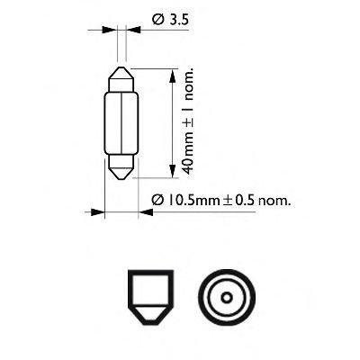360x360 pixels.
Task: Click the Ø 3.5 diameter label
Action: [x=170, y=20]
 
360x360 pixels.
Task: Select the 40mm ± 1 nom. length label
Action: [x=188, y=122]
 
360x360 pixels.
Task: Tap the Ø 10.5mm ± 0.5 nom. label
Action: [x=221, y=200]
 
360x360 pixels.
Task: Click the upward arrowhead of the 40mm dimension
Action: [x=172, y=76]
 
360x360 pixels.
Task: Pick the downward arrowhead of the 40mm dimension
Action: [x=172, y=171]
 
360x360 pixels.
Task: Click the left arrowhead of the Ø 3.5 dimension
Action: [x=109, y=30]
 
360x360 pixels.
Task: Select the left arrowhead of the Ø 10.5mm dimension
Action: [x=98, y=212]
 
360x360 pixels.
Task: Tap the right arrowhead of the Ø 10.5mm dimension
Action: [x=146, y=212]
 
